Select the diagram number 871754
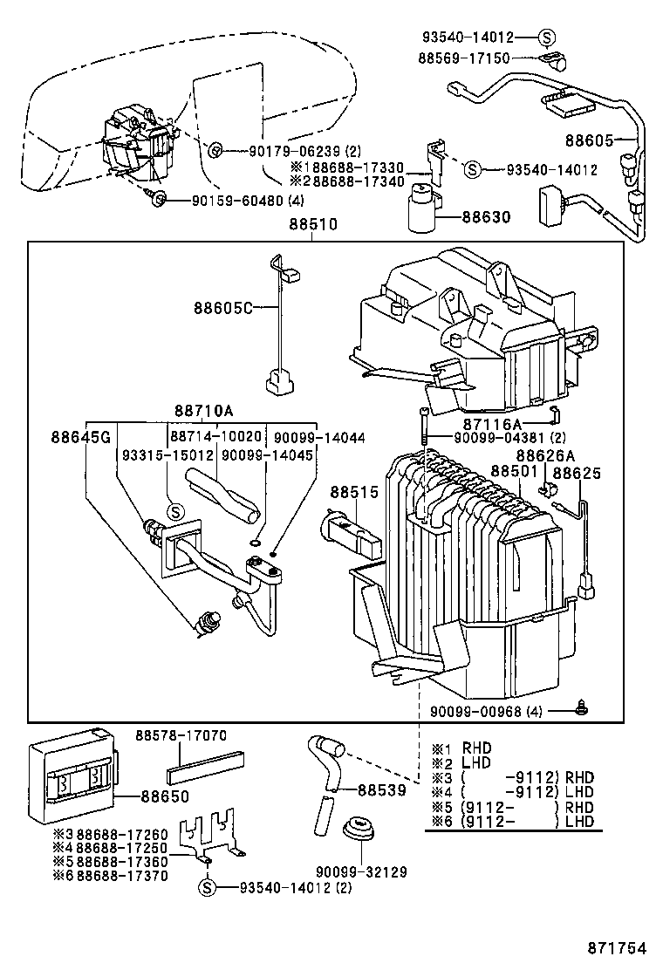pos(618,948)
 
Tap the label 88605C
pos(222,308)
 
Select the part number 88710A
pos(208,411)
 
